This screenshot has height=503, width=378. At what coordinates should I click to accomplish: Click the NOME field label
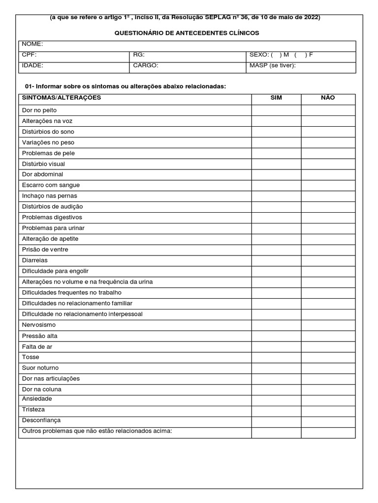pyautogui.click(x=32, y=44)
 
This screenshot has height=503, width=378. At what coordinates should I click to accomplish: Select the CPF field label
pyautogui.click(x=29, y=55)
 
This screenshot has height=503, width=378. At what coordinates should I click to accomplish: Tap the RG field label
pyautogui.click(x=138, y=55)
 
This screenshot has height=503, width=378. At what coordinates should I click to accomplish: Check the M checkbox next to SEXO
pyautogui.click(x=276, y=55)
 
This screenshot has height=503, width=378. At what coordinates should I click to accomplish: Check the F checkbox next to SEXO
pyautogui.click(x=300, y=55)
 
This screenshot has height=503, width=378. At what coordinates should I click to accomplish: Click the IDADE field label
pyautogui.click(x=32, y=65)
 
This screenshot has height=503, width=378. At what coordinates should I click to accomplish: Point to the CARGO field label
pyautogui.click(x=146, y=65)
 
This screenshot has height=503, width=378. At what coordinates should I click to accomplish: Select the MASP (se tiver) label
pyautogui.click(x=273, y=65)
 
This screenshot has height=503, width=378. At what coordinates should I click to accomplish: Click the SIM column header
pyautogui.click(x=276, y=98)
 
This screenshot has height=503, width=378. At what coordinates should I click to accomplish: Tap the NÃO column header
pyautogui.click(x=328, y=98)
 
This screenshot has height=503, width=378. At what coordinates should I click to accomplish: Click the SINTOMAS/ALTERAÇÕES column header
pyautogui.click(x=62, y=98)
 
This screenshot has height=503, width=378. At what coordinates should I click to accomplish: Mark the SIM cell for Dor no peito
pyautogui.click(x=276, y=111)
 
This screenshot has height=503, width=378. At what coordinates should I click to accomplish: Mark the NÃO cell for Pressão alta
pyautogui.click(x=328, y=336)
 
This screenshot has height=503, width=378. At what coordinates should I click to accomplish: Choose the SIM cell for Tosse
pyautogui.click(x=276, y=357)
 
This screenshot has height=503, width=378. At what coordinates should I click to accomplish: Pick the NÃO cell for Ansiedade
pyautogui.click(x=328, y=399)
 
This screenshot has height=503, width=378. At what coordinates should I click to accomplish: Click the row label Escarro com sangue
pyautogui.click(x=51, y=185)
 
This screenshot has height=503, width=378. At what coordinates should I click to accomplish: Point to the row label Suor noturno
pyautogui.click(x=40, y=368)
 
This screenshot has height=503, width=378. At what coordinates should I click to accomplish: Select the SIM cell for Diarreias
pyautogui.click(x=276, y=260)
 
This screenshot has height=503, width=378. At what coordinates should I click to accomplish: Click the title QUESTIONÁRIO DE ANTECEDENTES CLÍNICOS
pyautogui.click(x=187, y=33)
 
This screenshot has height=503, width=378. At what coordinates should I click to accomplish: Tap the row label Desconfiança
pyautogui.click(x=41, y=420)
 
